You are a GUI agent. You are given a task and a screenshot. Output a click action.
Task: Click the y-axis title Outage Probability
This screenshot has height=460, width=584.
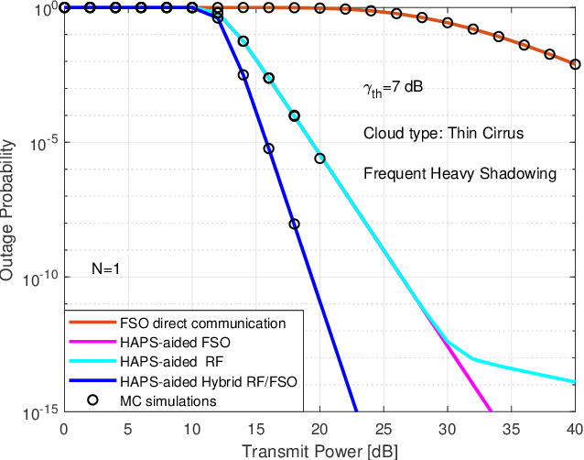click(x=8, y=210)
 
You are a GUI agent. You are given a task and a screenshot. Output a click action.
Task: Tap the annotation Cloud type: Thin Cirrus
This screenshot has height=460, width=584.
click(x=443, y=132)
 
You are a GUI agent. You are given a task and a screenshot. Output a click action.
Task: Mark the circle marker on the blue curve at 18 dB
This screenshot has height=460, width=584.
click(x=294, y=224)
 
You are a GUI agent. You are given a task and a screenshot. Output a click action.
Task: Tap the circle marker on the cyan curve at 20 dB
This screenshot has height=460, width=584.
click(x=319, y=158)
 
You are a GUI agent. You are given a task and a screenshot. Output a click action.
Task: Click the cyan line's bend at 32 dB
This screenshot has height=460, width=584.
click(x=473, y=359)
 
